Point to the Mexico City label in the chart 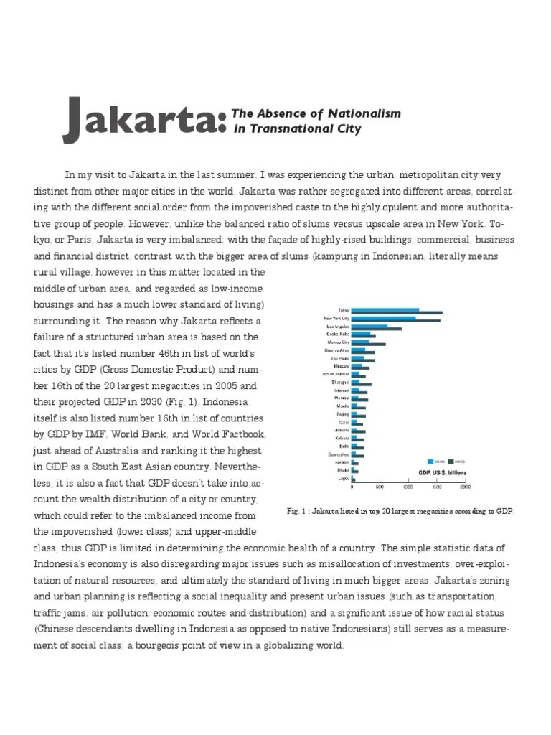[338, 342]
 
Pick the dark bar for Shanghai [365, 385]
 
